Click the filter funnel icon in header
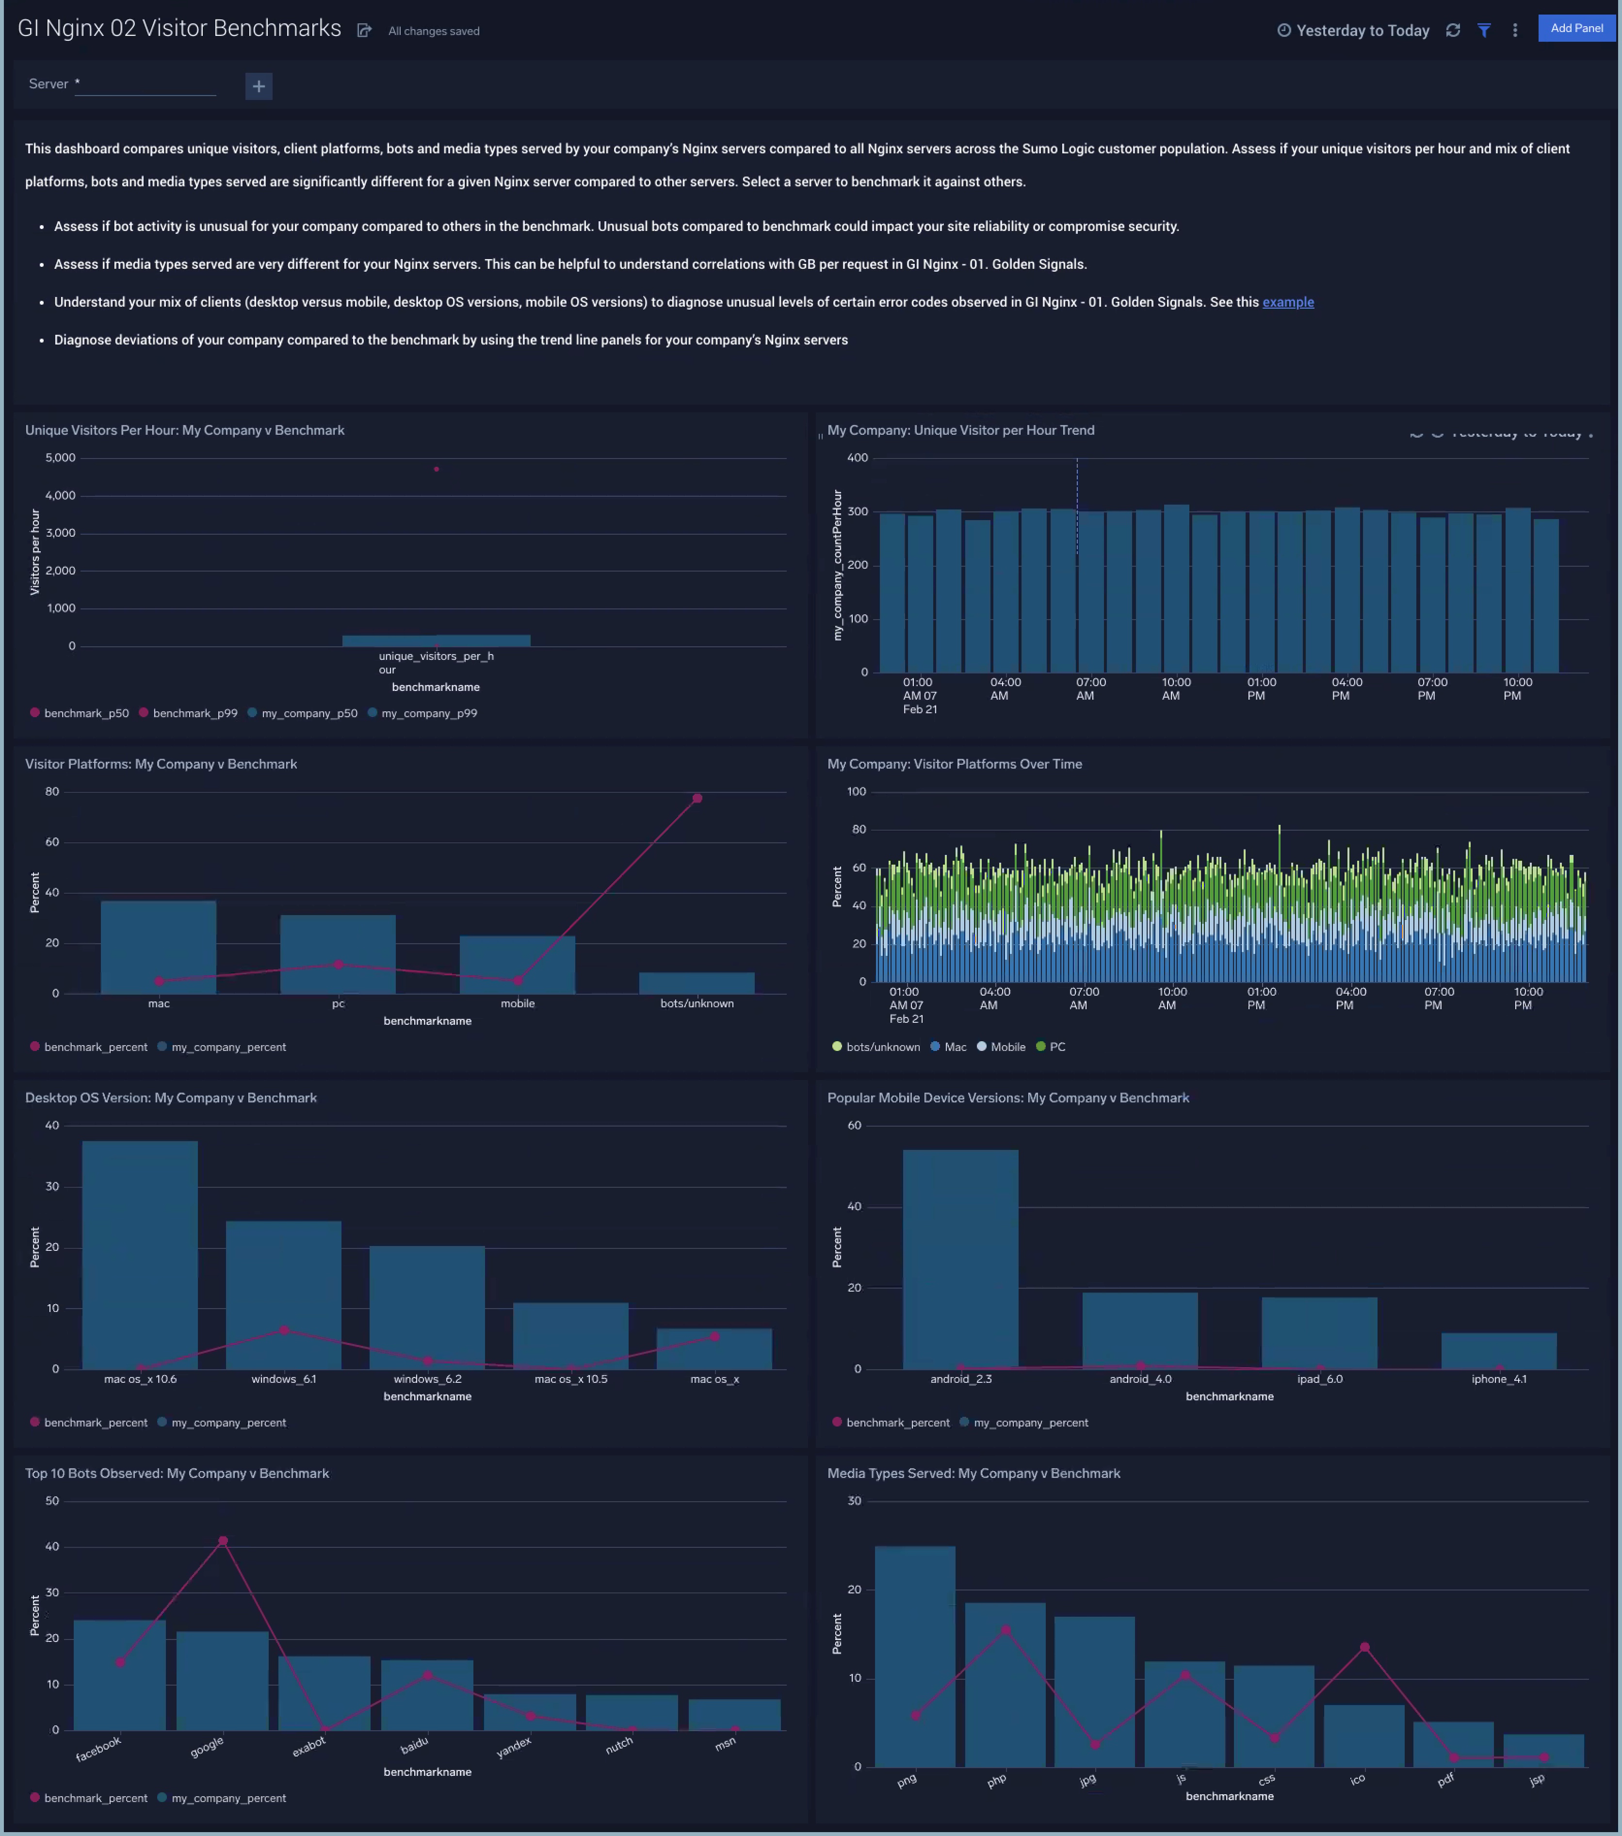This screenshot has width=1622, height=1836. point(1484,31)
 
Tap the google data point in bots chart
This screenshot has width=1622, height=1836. point(223,1541)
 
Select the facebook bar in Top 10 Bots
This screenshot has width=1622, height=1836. point(119,1680)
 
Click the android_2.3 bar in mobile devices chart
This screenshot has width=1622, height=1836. point(960,1258)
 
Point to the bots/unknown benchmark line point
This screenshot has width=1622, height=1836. point(697,799)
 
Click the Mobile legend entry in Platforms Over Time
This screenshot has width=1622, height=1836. point(1007,1047)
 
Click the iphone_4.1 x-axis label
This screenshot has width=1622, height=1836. point(1498,1379)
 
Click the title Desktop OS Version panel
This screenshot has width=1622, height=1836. point(171,1098)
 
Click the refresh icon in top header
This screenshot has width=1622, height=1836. point(1452,31)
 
